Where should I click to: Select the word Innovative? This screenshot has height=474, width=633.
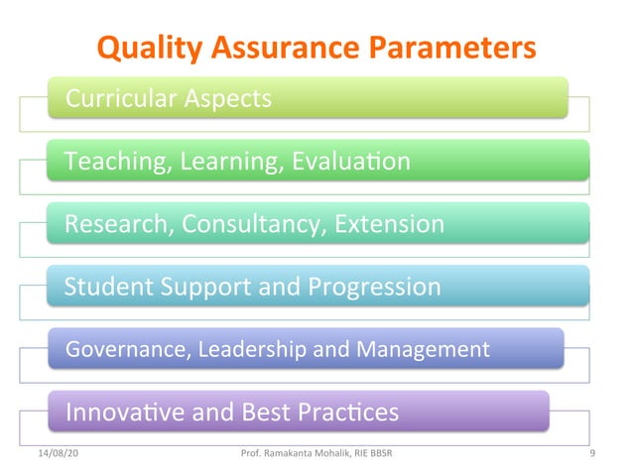(x=124, y=412)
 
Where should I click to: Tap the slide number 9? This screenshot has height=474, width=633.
(x=591, y=454)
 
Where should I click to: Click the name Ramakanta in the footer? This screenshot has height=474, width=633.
(x=295, y=454)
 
